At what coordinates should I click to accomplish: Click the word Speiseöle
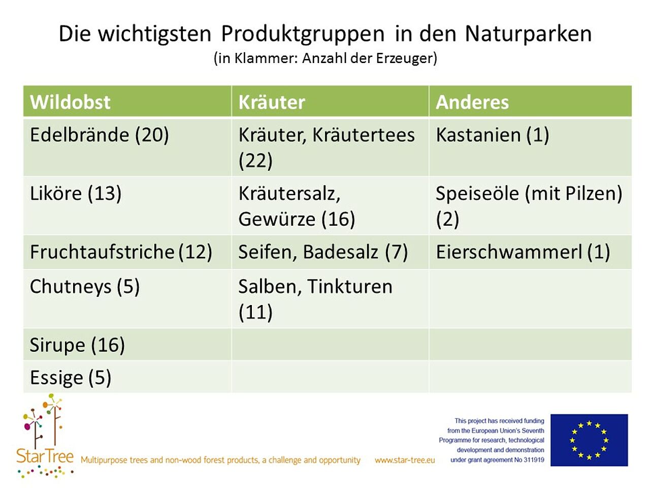(477, 194)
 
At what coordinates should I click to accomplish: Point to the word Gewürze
(277, 220)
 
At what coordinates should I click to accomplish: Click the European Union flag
(589, 440)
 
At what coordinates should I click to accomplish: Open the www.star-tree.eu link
(405, 460)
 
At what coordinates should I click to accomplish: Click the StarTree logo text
(45, 456)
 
